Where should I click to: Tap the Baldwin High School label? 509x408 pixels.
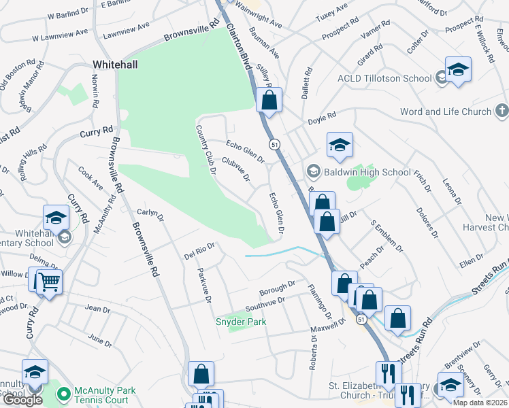point(368,172)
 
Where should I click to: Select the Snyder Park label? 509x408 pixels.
point(241,321)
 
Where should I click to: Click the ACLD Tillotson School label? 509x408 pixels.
point(384,78)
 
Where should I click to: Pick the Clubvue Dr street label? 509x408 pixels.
point(235,170)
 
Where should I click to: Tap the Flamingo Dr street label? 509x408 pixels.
point(318,301)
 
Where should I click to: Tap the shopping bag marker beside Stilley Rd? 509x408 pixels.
point(269,100)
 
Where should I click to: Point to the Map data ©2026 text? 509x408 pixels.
point(480,403)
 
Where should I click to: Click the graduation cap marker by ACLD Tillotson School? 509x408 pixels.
point(458,69)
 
